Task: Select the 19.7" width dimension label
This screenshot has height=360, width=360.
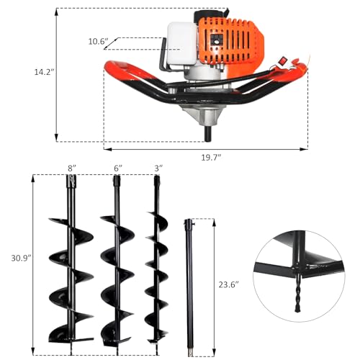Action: pos(210,157)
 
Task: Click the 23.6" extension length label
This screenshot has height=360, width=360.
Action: pos(228,284)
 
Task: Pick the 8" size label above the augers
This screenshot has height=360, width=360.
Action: pos(72,167)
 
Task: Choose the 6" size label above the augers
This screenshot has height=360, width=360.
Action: pos(117,167)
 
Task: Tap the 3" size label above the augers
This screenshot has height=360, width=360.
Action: pos(158,167)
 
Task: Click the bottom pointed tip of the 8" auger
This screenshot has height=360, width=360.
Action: pos(71,345)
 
